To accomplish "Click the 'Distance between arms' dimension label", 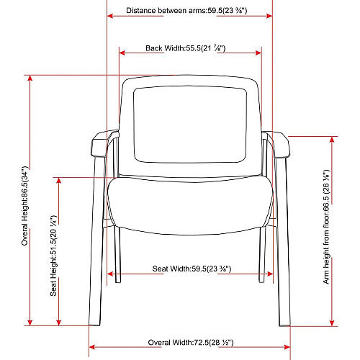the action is [166, 11].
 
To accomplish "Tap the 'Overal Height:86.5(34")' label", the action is [25, 206].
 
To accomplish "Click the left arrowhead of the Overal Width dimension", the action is [92, 347].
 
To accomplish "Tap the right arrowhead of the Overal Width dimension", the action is [287, 347].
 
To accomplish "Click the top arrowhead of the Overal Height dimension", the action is [30, 78].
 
